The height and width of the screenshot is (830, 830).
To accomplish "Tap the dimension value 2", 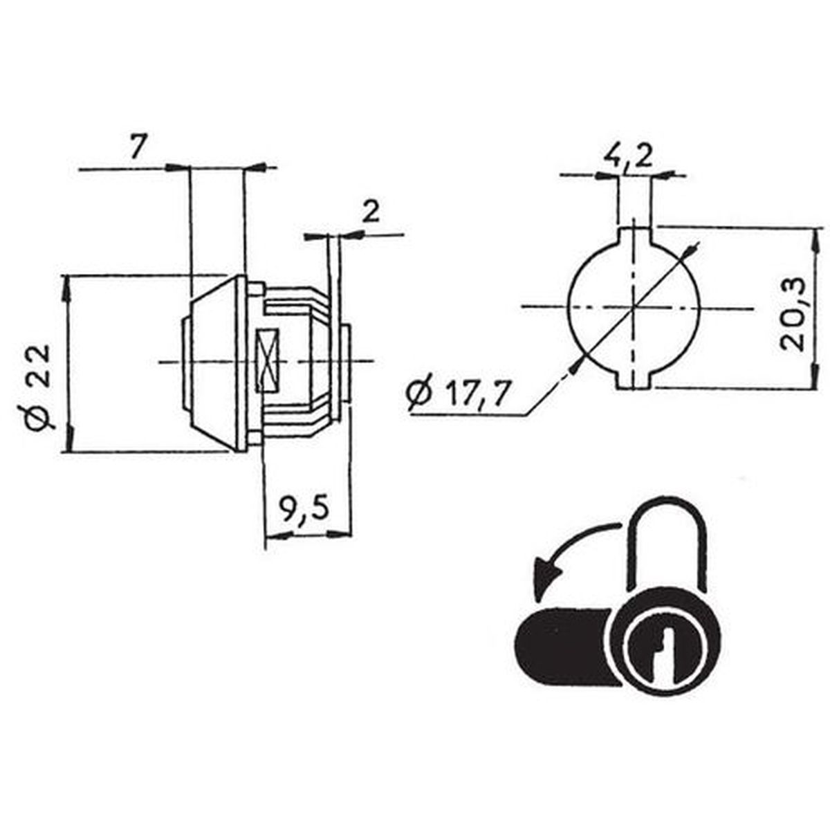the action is pyautogui.click(x=371, y=212).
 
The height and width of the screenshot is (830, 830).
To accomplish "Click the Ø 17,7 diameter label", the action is pyautogui.click(x=455, y=394).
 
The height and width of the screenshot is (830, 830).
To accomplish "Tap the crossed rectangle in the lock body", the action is pyautogui.click(x=268, y=360).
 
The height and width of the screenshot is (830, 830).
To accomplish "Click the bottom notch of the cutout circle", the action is pyautogui.click(x=634, y=380).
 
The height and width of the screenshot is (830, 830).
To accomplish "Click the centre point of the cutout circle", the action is pyautogui.click(x=634, y=307).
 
